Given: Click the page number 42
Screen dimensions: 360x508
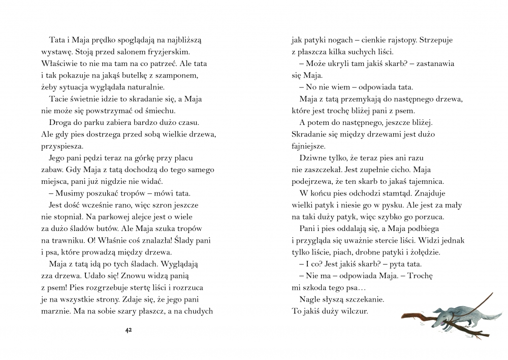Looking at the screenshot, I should (x=129, y=331).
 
